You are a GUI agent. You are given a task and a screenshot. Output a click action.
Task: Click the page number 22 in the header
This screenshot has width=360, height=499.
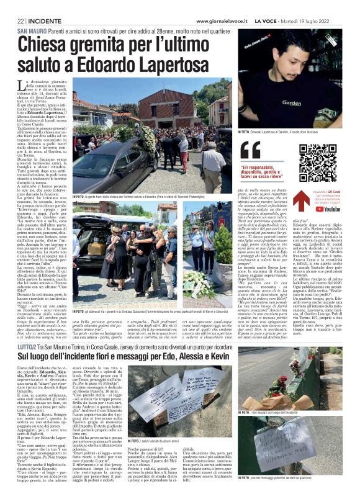pyautogui.click(x=20, y=20)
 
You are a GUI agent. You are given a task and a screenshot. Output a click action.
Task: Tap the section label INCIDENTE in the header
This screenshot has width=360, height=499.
pyautogui.click(x=43, y=20)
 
